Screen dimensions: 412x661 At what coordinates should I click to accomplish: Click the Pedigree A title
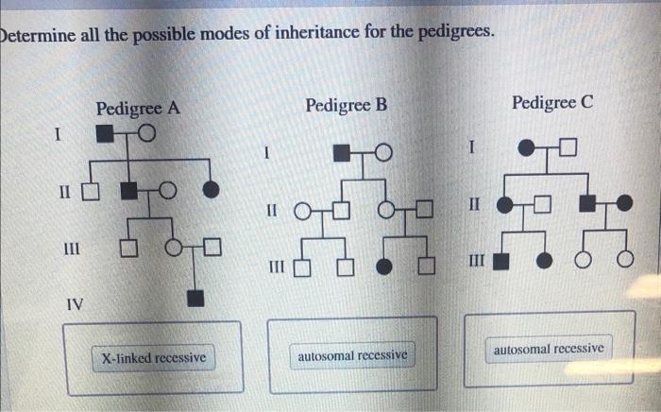pyautogui.click(x=138, y=109)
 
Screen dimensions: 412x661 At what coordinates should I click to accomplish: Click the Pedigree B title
pyautogui.click(x=347, y=104)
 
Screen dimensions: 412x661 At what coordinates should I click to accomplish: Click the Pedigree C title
pyautogui.click(x=552, y=101)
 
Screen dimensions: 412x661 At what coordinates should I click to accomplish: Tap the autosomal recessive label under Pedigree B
pyautogui.click(x=352, y=355)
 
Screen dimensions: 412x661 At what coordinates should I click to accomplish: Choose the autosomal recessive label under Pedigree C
pyautogui.click(x=548, y=349)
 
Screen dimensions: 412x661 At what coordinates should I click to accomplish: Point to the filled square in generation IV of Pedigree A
pyautogui.click(x=195, y=299)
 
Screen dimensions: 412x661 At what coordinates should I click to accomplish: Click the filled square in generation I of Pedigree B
pyautogui.click(x=345, y=153)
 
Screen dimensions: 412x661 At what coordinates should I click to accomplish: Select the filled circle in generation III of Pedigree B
pyautogui.click(x=384, y=266)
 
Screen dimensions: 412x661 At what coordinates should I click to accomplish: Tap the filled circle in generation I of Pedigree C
pyautogui.click(x=526, y=148)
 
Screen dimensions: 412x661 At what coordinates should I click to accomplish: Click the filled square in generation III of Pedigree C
pyautogui.click(x=501, y=260)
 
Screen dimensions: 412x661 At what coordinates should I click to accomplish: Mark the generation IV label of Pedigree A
pyautogui.click(x=74, y=304)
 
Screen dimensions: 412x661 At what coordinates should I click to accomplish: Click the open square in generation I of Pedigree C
pyautogui.click(x=566, y=147)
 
